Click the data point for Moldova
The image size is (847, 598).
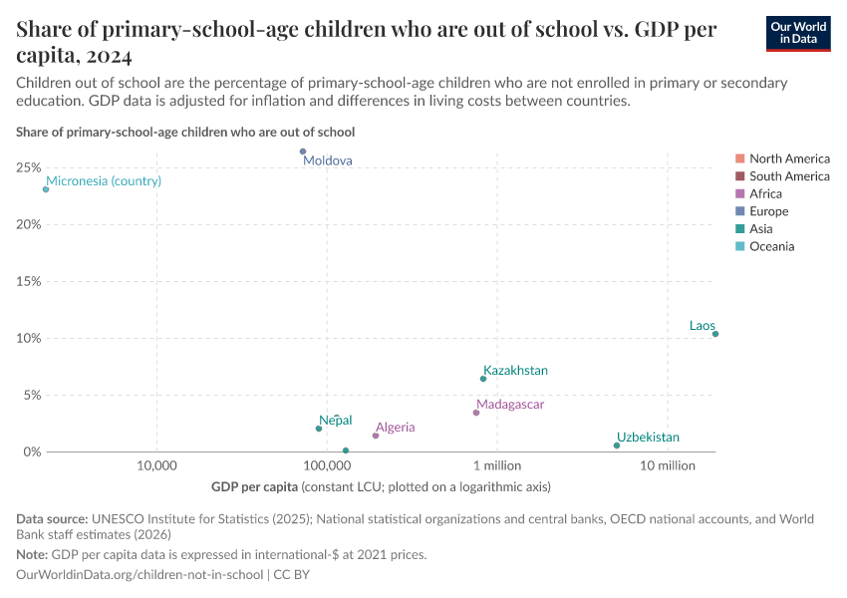pyautogui.click(x=303, y=151)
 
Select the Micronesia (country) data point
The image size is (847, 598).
pyautogui.click(x=46, y=189)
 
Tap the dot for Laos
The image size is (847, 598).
pyautogui.click(x=715, y=334)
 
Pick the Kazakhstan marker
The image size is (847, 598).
pyautogui.click(x=483, y=379)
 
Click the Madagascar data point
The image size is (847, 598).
pyautogui.click(x=476, y=413)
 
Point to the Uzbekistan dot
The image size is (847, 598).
pyautogui.click(x=617, y=446)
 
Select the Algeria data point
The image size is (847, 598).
pyautogui.click(x=376, y=436)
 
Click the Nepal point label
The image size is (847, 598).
pyautogui.click(x=335, y=421)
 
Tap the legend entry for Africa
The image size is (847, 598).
pyautogui.click(x=765, y=194)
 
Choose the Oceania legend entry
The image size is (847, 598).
pyautogui.click(x=771, y=246)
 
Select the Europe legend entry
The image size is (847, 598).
pyautogui.click(x=768, y=211)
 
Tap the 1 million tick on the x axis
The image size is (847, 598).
pyautogui.click(x=497, y=466)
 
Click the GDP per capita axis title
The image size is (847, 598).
pyautogui.click(x=254, y=487)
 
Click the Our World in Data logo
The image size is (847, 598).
pyautogui.click(x=798, y=33)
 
